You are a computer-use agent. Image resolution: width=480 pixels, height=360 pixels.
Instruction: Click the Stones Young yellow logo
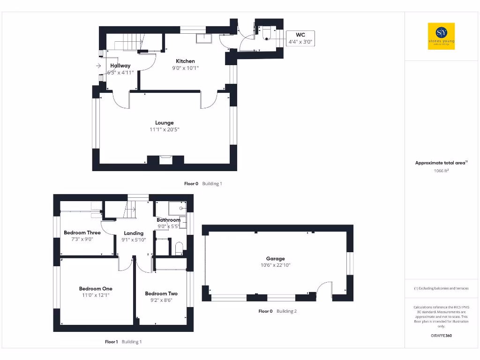click(x=441, y=36)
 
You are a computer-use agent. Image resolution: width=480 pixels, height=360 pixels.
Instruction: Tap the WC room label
click(x=300, y=35)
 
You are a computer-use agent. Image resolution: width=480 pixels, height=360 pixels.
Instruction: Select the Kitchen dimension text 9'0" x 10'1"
click(x=185, y=68)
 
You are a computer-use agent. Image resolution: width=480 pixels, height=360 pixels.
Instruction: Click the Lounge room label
click(x=165, y=123)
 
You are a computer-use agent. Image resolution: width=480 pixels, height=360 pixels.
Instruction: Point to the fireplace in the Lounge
click(x=165, y=159)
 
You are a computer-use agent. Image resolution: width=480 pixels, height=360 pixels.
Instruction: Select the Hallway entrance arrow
click(x=98, y=66)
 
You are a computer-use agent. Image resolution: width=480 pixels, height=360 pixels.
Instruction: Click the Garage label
click(x=276, y=258)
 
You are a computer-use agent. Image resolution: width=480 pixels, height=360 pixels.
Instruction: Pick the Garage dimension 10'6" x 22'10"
click(x=276, y=265)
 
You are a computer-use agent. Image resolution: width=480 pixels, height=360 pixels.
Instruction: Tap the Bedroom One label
click(x=96, y=289)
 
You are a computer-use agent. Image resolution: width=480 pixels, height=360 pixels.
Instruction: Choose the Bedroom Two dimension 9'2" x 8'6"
click(x=161, y=300)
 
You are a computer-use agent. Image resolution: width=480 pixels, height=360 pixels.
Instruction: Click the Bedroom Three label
click(x=82, y=232)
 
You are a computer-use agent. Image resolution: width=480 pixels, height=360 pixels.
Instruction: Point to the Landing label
click(x=134, y=233)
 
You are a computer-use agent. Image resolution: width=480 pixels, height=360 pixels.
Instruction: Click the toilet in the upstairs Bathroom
click(x=179, y=248)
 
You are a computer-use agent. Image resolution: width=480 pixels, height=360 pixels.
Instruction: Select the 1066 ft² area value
click(x=441, y=171)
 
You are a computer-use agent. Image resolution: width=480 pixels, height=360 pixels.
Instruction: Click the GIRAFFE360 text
click(x=441, y=336)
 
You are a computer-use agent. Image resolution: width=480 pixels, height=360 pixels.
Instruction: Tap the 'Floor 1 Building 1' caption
click(x=123, y=342)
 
